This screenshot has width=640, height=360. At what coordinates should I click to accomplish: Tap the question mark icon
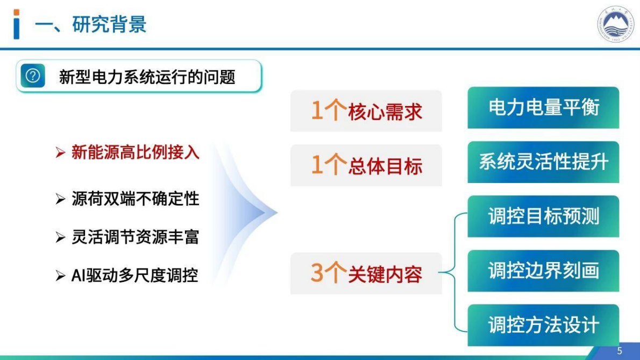pos(33,76)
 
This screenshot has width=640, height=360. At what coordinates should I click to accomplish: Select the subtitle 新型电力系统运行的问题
pos(147,76)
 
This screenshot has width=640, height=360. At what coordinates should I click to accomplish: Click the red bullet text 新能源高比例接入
pos(135,152)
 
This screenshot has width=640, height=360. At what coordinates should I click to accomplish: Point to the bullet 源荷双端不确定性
pos(135,199)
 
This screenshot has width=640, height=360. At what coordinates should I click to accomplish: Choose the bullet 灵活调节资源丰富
pos(135,237)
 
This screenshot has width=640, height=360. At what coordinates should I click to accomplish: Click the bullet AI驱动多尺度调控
pos(134,276)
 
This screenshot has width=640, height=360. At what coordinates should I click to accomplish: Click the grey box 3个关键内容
pos(366,274)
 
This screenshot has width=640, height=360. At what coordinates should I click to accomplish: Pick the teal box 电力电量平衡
pos(543,108)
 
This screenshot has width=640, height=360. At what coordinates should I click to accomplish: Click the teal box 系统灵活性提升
pos(543,162)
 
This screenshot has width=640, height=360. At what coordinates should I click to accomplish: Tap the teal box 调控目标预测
pos(543,216)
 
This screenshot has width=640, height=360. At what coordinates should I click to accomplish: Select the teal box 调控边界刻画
pos(543,271)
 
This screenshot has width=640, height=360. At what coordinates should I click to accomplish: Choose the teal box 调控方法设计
pos(543,325)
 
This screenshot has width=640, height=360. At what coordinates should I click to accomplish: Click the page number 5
pos(619,351)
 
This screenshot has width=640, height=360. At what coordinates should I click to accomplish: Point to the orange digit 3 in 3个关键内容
pos(318,273)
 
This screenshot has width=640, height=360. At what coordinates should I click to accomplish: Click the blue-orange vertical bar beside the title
pos(17,24)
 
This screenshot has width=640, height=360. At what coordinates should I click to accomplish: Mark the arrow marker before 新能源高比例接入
pos(60,153)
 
